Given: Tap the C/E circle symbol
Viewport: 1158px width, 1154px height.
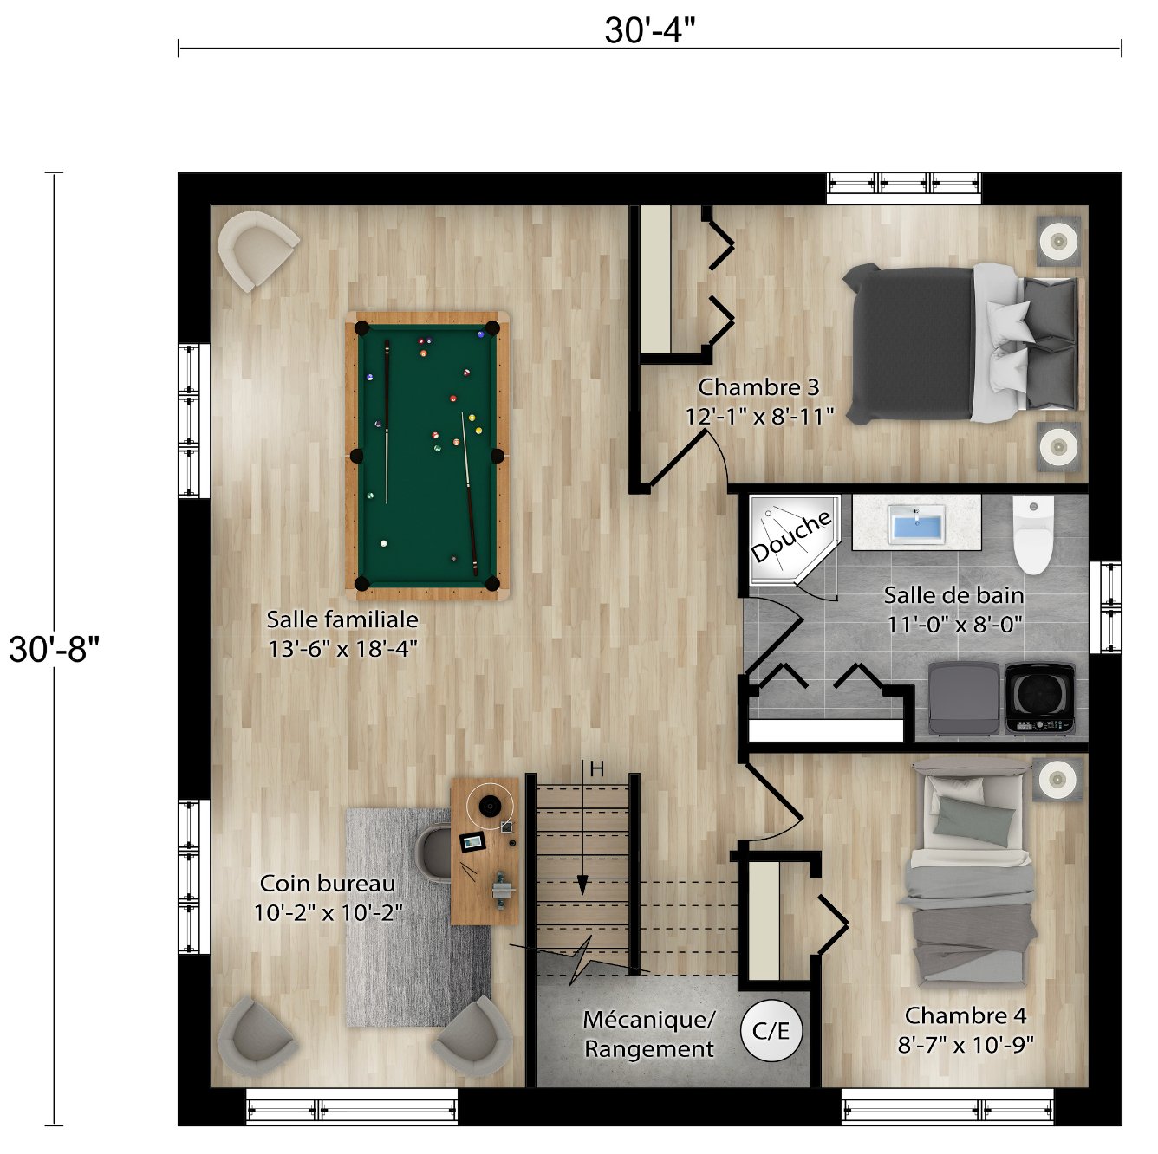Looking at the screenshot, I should pos(771,1031).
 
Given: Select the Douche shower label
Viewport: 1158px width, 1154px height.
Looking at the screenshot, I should pos(791,536).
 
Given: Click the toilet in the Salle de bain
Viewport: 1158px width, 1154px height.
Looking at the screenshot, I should pos(1033,535).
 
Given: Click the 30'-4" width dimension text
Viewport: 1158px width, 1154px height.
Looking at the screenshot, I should pos(650,30).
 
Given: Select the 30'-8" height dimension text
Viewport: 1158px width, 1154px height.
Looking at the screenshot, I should pos(55,648).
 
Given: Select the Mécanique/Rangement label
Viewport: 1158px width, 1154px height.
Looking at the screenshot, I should pos(648,1034).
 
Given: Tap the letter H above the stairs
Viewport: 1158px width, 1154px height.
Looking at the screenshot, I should pos(596,768).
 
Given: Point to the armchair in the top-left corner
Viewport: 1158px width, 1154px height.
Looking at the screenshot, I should pos(257,248).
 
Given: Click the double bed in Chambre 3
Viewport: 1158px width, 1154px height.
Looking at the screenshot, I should pos(962,344).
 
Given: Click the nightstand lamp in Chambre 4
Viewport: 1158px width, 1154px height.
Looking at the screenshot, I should pos(1057,779).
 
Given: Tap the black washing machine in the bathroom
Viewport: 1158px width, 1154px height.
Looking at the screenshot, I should pos(1040,697).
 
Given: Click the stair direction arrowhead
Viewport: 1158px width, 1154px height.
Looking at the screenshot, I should pos(582,885).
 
